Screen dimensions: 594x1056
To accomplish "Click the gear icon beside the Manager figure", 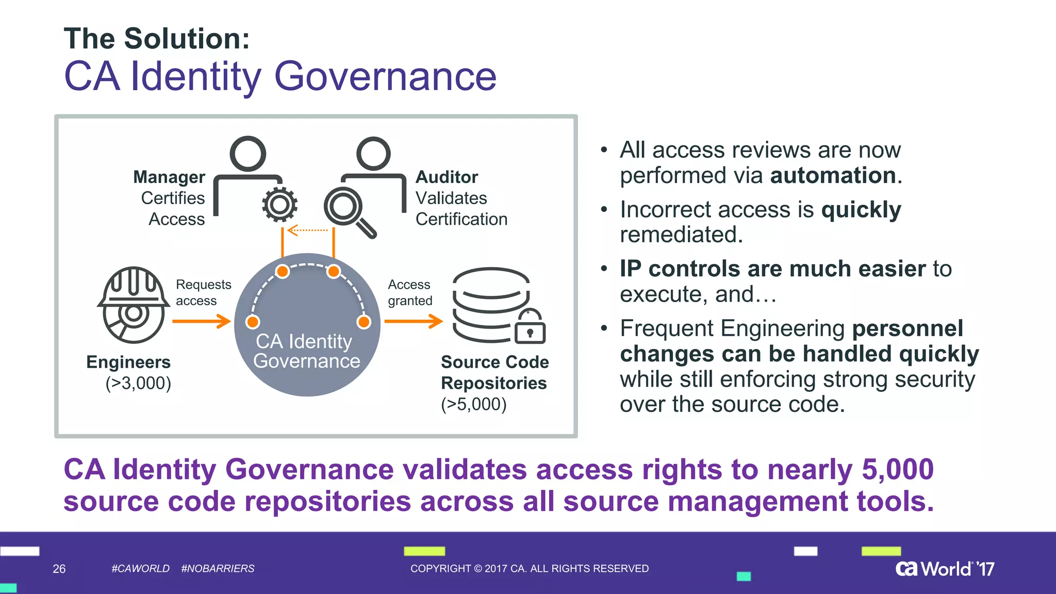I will tap(279, 205).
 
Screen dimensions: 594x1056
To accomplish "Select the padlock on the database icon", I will tap(530, 327).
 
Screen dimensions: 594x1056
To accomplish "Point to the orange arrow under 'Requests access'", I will tap(202, 321).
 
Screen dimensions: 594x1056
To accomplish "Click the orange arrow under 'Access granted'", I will tap(414, 321).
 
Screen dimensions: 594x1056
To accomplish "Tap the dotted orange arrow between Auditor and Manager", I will tap(307, 230).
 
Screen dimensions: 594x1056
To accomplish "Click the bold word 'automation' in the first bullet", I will tap(833, 175).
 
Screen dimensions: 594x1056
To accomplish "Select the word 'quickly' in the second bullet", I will tap(861, 209).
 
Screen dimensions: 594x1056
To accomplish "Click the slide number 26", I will tap(59, 569).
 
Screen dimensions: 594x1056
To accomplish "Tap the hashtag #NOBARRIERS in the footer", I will tap(218, 568).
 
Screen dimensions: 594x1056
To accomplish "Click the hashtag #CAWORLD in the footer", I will tap(140, 568).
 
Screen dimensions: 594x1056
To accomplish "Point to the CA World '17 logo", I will tap(945, 568).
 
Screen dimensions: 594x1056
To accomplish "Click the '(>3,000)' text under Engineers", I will tap(138, 383).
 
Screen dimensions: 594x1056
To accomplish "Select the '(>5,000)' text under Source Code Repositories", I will tap(474, 404).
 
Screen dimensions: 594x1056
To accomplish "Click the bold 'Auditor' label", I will tap(447, 177).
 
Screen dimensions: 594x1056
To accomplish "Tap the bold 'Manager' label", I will tap(169, 177).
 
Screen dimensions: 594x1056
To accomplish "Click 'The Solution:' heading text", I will tap(157, 39).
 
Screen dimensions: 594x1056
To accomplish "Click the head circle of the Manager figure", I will tap(248, 154).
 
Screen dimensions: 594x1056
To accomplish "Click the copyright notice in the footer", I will tap(530, 568).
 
